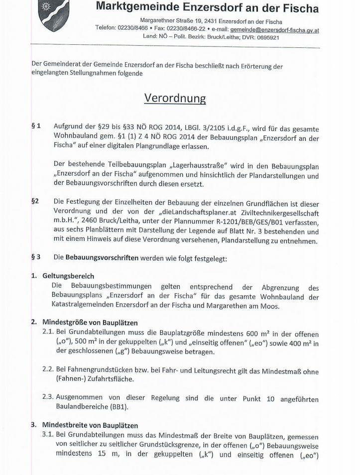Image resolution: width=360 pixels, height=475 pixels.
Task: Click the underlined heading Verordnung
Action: point(175,98)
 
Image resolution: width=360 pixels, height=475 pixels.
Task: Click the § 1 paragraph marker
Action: point(36,126)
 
